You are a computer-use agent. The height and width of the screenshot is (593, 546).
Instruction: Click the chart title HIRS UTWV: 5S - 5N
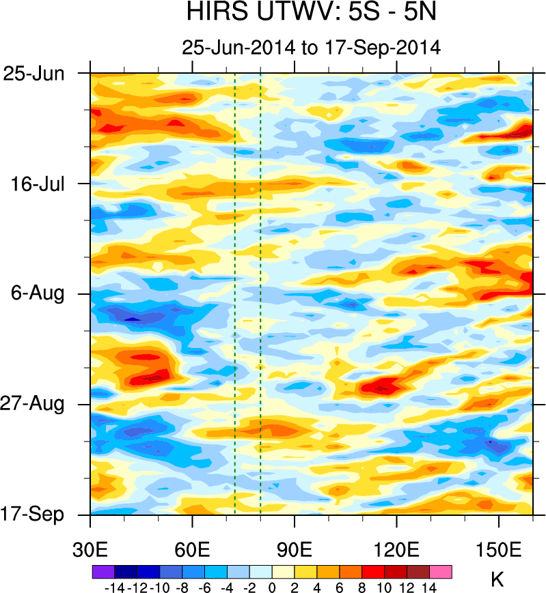tap(311, 13)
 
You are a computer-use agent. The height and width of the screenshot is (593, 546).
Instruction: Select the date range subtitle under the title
tap(311, 48)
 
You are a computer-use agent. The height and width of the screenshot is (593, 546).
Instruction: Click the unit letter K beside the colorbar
tap(497, 581)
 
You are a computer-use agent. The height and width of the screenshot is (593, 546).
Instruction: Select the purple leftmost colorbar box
tap(103, 571)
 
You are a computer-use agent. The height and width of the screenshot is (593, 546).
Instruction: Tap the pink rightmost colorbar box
tap(441, 571)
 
